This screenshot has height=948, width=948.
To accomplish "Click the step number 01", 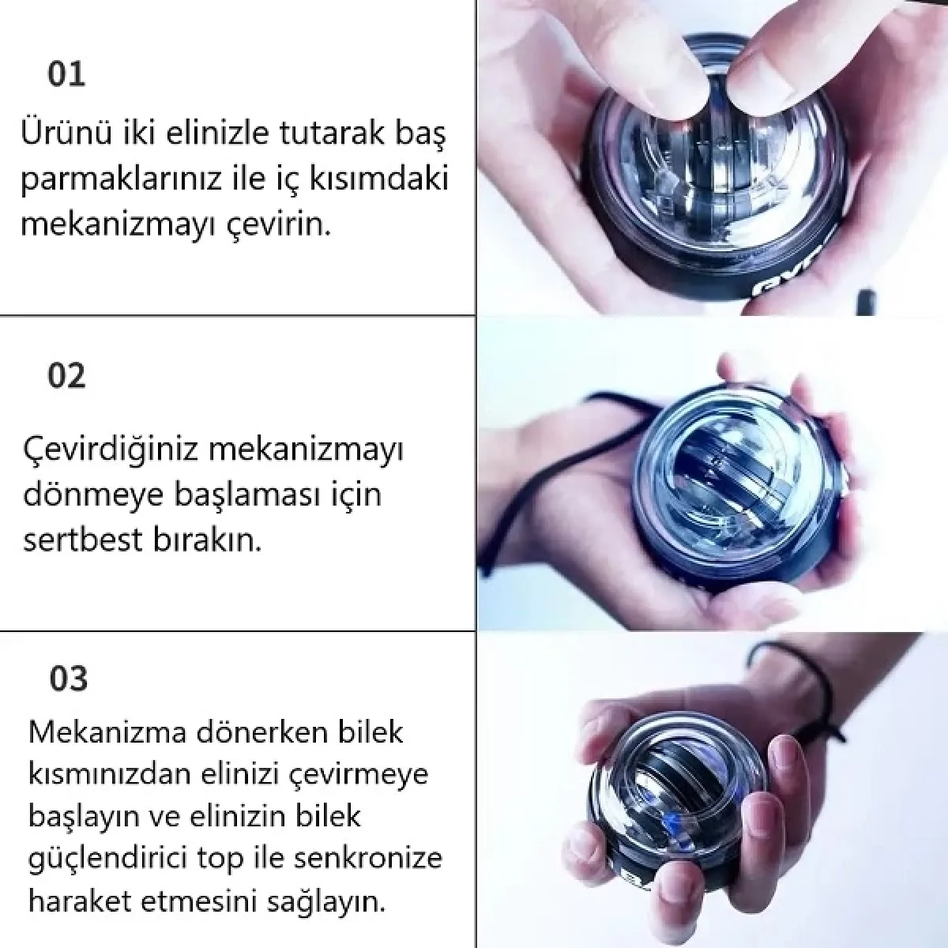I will pyautogui.click(x=66, y=74).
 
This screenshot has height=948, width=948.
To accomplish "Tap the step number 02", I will pyautogui.click(x=66, y=376).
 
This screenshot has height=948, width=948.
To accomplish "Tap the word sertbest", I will pyautogui.click(x=75, y=541).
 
